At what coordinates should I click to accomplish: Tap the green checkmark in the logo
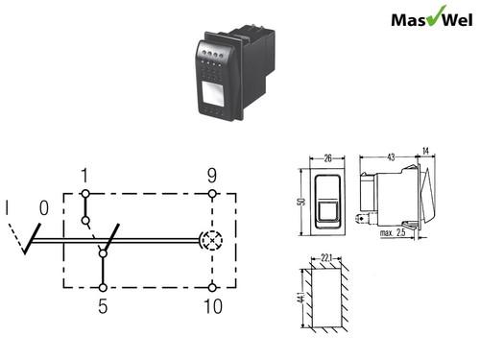pyautogui.click(x=436, y=15)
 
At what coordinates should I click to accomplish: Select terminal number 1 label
pyautogui.click(x=84, y=176)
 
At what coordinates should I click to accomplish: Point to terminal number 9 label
pyautogui.click(x=212, y=176)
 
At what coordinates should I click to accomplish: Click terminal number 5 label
pyautogui.click(x=103, y=306)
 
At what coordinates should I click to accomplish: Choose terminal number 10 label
pyautogui.click(x=213, y=306)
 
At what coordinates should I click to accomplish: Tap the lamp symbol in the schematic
pyautogui.click(x=212, y=240)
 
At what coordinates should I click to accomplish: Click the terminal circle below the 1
pyautogui.click(x=85, y=194)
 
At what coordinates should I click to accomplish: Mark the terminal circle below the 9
pyautogui.click(x=212, y=194)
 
